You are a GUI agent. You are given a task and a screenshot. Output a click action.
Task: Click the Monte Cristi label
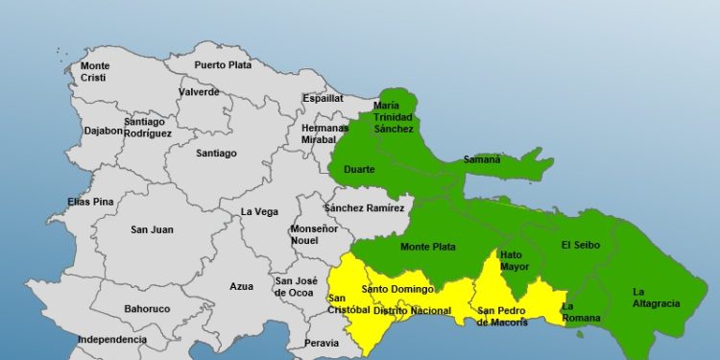[95, 71]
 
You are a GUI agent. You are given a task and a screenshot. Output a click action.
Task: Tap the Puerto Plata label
[223, 65]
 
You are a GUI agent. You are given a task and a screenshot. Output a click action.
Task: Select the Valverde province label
[199, 92]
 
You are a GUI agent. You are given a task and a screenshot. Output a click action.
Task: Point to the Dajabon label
[104, 131]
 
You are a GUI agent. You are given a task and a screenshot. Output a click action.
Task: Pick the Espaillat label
[323, 98]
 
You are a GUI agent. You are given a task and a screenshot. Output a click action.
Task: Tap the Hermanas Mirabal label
[324, 133]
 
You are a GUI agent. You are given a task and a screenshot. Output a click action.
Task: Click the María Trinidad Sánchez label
[394, 117]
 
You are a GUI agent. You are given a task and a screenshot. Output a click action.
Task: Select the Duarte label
[359, 170]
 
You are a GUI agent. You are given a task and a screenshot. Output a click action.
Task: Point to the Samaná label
[482, 159]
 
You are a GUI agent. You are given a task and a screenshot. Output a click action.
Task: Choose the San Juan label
[152, 229]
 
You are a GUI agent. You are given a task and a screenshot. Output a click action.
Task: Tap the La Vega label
[259, 212]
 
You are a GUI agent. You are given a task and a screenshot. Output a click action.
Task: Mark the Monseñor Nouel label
[314, 235]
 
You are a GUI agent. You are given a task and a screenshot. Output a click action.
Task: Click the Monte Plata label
[428, 247]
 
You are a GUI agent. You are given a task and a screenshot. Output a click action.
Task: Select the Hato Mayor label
[515, 261]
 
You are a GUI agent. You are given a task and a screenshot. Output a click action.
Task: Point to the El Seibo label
[580, 246]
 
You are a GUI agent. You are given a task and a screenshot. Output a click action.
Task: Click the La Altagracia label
[657, 298]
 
